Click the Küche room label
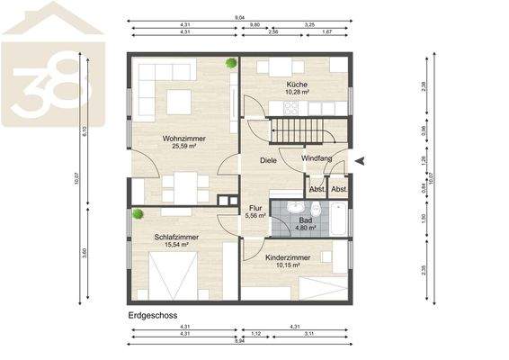(298, 84)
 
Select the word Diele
(268, 160)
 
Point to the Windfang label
(317, 160)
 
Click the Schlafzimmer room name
(176, 237)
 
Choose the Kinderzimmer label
(288, 256)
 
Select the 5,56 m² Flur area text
(255, 216)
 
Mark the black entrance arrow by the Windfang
(361, 161)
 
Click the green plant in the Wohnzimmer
(232, 63)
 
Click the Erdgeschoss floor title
(153, 316)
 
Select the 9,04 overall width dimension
(241, 17)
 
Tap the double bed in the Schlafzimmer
(175, 274)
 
